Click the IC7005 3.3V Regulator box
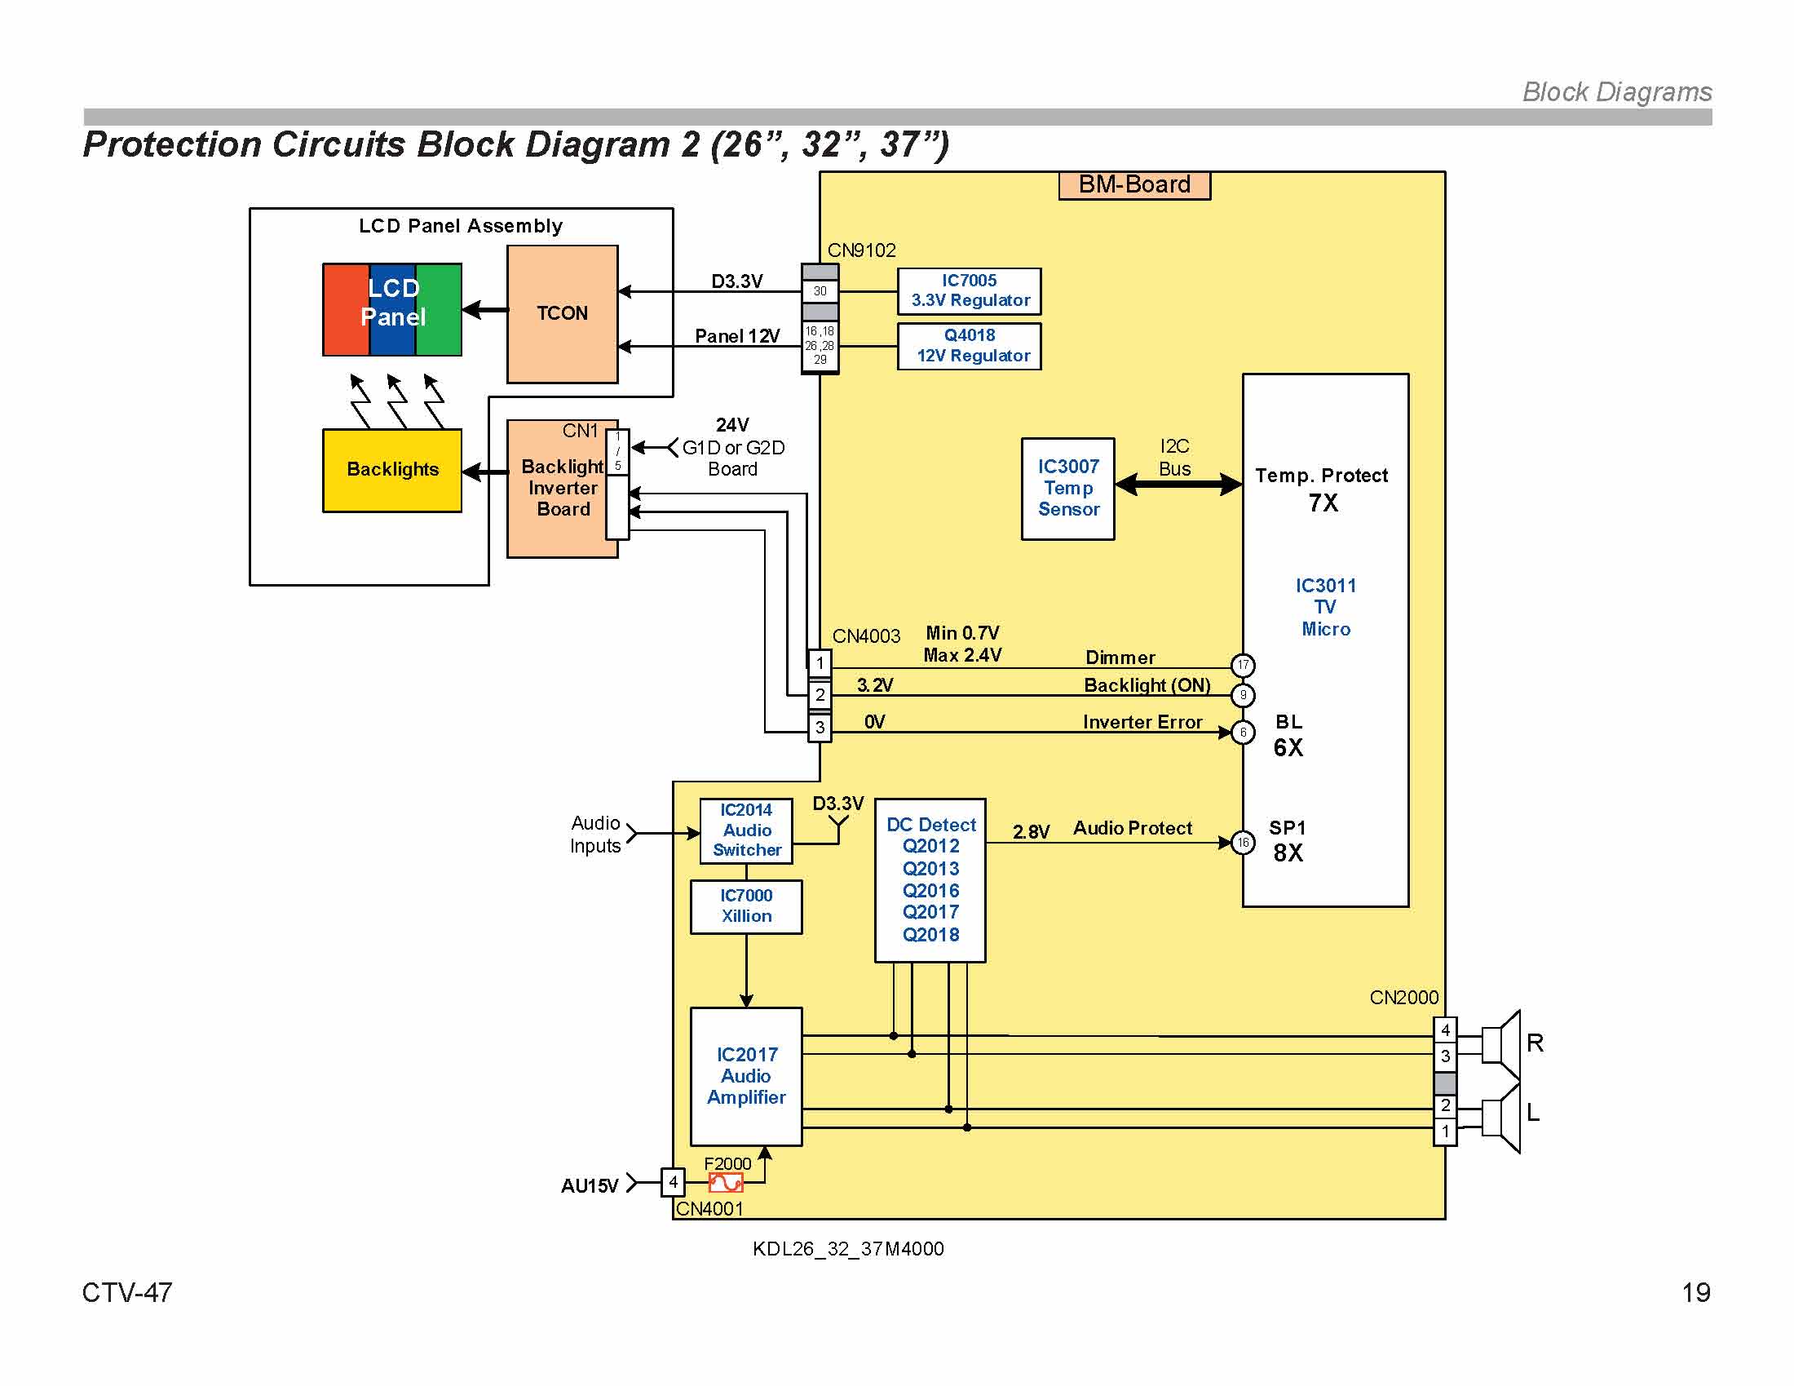point(969,291)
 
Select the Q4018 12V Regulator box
point(969,346)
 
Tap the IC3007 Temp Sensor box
point(1067,488)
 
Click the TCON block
point(562,314)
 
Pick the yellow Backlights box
point(391,470)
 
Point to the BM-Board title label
point(1133,185)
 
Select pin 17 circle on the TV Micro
point(1242,665)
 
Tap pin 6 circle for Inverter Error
point(1242,732)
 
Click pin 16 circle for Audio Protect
point(1242,842)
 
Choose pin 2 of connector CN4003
point(819,695)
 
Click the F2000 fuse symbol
point(725,1182)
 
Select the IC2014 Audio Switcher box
point(746,830)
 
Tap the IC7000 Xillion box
point(746,906)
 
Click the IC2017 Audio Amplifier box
point(746,1075)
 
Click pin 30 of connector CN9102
point(819,292)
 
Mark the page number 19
point(1695,1292)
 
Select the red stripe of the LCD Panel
point(346,310)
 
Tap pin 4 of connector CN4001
point(673,1182)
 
